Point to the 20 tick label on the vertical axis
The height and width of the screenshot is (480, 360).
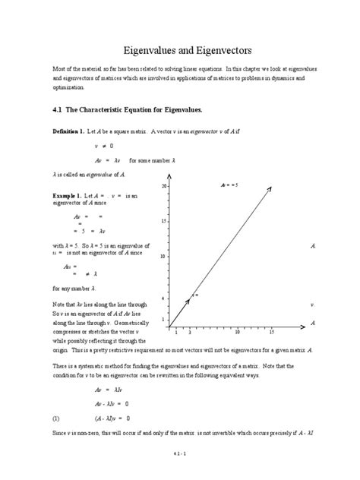pyautogui.click(x=164, y=185)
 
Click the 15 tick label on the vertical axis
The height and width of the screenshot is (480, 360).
pyautogui.click(x=164, y=221)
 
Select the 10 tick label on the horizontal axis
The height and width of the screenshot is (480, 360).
pyautogui.click(x=237, y=332)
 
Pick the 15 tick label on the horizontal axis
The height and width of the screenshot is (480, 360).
pyautogui.click(x=271, y=332)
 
